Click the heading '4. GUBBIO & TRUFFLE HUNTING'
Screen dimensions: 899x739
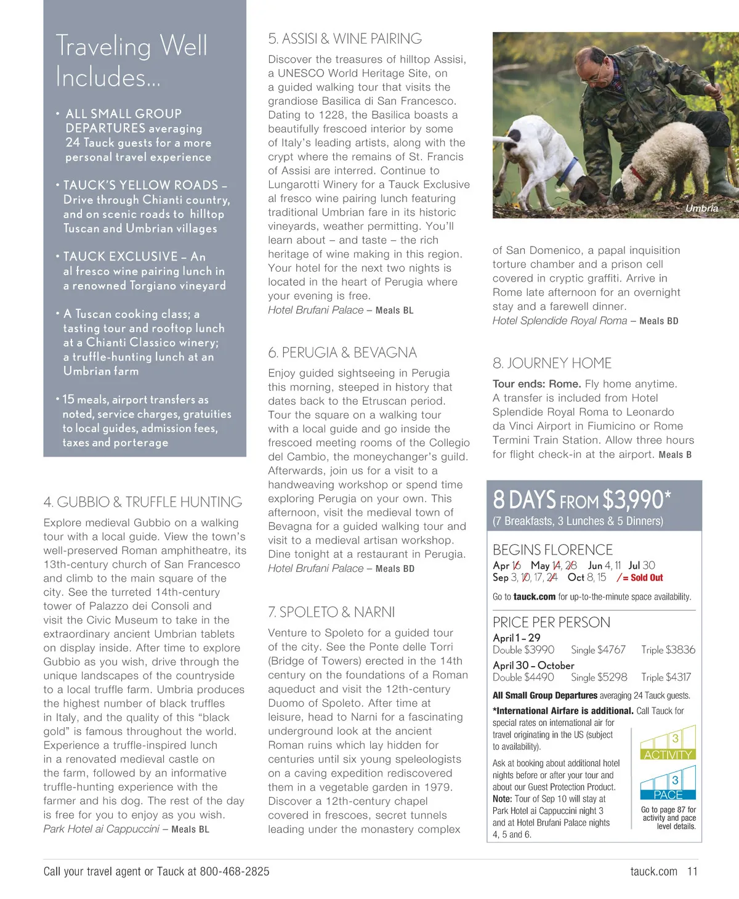(143, 502)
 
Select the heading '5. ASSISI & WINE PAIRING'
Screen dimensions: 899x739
(345, 39)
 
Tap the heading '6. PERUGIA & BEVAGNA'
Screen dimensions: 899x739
(342, 352)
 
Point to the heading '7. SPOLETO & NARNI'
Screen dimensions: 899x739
(331, 612)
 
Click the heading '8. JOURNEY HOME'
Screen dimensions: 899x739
(552, 363)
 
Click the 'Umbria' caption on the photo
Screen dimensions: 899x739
(701, 208)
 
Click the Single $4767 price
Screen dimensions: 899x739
(598, 649)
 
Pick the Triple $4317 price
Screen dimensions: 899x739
(666, 677)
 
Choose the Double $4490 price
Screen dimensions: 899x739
(523, 677)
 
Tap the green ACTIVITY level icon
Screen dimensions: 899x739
(668, 742)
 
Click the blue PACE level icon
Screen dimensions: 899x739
(668, 783)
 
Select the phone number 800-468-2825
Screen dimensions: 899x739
(235, 871)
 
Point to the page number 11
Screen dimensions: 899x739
(692, 871)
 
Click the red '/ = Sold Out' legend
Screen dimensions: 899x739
(640, 577)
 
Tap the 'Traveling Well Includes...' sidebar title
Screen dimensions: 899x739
(132, 61)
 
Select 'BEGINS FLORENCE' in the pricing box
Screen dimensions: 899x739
(552, 550)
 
